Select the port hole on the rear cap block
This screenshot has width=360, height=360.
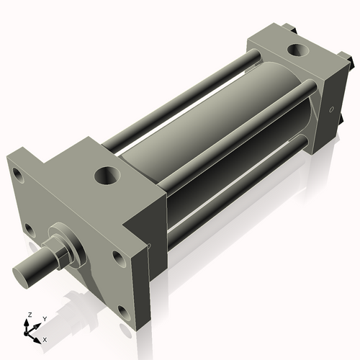tap(294, 51)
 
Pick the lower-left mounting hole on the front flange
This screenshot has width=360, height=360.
tap(30, 230)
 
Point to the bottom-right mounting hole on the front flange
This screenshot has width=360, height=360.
tap(123, 312)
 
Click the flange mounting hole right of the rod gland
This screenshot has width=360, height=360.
tap(117, 256)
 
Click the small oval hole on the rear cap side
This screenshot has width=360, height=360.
tap(331, 110)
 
